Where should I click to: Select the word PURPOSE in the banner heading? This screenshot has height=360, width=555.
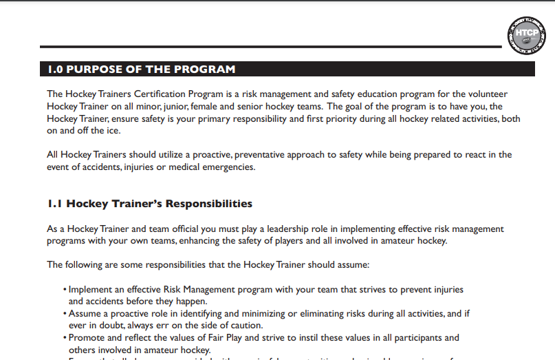pos(96,70)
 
